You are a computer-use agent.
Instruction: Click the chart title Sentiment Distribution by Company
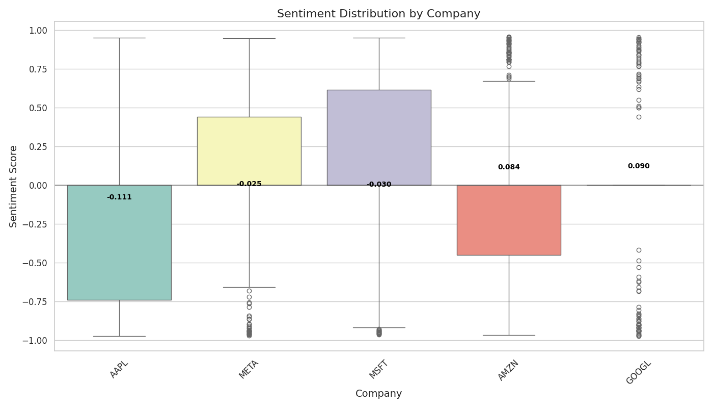(x=378, y=14)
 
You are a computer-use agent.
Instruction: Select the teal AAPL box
(x=119, y=242)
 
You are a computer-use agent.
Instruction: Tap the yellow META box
(x=249, y=151)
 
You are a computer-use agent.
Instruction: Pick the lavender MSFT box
(x=379, y=138)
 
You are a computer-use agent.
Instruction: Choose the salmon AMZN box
(x=509, y=220)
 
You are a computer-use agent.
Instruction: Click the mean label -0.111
(x=119, y=197)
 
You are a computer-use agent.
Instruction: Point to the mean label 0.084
(x=509, y=167)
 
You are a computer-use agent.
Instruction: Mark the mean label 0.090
(x=639, y=166)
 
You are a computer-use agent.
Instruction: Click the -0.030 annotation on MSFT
(x=379, y=185)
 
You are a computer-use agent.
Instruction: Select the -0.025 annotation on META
(x=249, y=184)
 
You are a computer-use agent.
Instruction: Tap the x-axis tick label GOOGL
(x=638, y=372)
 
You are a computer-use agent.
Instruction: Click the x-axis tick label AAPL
(x=119, y=369)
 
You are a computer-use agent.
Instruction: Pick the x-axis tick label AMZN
(x=508, y=370)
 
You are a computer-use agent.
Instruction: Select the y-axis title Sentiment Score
(x=14, y=186)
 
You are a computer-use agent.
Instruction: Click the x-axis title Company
(x=378, y=394)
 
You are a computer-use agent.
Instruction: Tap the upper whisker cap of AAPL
(x=119, y=38)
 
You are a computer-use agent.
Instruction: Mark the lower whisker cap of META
(x=249, y=287)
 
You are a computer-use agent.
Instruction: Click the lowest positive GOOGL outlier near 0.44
(x=639, y=117)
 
